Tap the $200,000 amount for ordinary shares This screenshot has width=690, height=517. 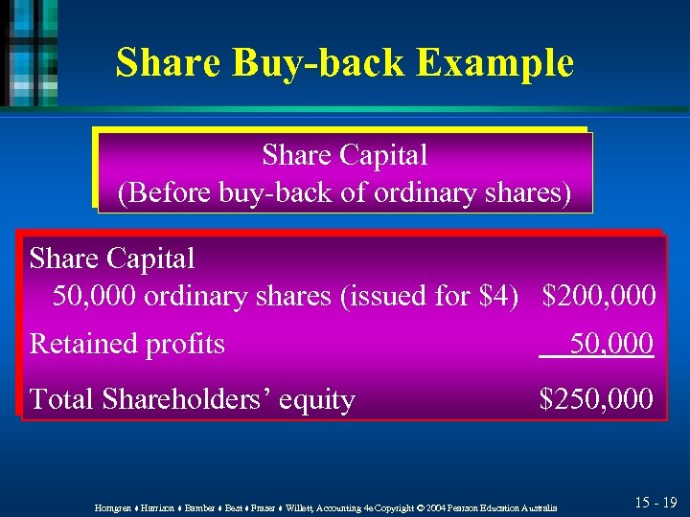point(599,296)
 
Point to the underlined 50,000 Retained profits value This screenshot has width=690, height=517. point(611,343)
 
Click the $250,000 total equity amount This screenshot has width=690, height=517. point(597,398)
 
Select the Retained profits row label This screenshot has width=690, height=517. point(127,343)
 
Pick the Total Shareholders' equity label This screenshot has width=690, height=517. point(193,399)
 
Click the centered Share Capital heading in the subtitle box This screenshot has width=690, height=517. point(344,154)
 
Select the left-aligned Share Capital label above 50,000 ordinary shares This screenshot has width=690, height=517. point(112,258)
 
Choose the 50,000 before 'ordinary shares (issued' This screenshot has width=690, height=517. point(96,296)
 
